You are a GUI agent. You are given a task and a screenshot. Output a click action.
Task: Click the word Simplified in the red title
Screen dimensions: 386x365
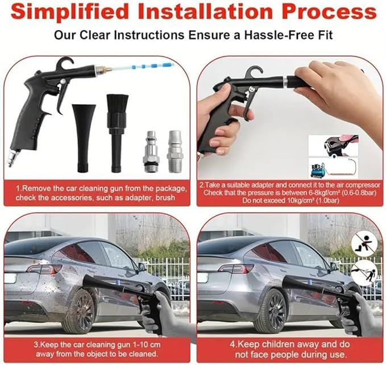[x=70, y=12]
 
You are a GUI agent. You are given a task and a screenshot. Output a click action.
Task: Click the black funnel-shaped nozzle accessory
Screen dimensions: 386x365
[x=84, y=138]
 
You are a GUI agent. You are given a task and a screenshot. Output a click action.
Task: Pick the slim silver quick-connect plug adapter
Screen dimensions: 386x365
[x=151, y=151]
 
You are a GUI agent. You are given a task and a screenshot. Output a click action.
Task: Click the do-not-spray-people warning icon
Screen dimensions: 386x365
[x=364, y=273]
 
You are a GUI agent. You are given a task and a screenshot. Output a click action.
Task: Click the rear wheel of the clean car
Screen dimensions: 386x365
[x=271, y=311]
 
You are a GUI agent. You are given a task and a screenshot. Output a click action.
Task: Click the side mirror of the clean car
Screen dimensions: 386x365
[x=334, y=266]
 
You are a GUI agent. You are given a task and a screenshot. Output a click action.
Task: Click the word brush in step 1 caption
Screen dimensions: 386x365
[x=165, y=197]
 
